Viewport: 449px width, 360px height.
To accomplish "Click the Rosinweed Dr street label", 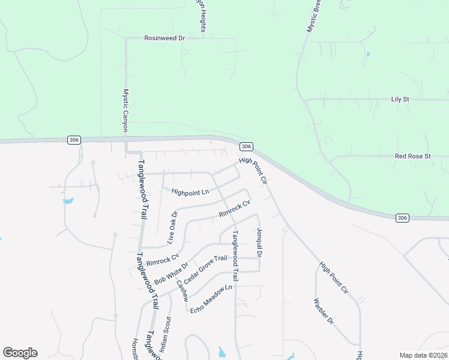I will [x=164, y=38].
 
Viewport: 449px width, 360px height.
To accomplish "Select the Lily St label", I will [x=399, y=99].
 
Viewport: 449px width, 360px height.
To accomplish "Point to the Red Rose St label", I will [x=413, y=156].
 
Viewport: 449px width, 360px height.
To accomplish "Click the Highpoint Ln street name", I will [x=190, y=192].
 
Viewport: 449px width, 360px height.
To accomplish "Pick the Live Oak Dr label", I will [x=172, y=229].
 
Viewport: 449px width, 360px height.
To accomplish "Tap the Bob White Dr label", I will [x=172, y=273].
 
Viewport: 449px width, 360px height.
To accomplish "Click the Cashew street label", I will [x=182, y=290].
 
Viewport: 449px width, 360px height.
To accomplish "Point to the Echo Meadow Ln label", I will [x=211, y=298].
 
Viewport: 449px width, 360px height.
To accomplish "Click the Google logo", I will [x=20, y=353].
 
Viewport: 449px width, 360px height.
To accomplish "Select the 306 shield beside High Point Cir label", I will [x=246, y=146].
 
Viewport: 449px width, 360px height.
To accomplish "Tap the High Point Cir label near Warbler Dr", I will [x=334, y=278].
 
